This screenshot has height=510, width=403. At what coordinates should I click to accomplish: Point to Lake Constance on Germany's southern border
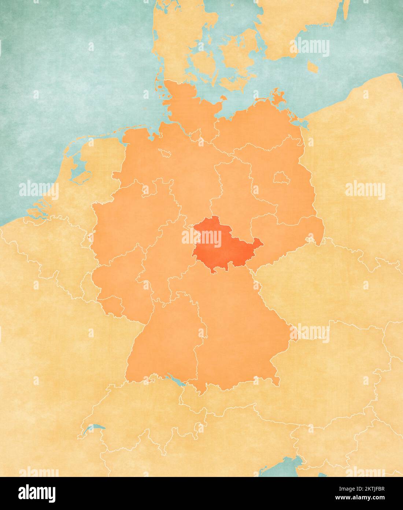(x=175, y=380)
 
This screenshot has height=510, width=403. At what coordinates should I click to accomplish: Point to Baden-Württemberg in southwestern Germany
(x=165, y=345)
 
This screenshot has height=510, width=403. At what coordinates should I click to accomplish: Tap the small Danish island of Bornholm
(x=313, y=67)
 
